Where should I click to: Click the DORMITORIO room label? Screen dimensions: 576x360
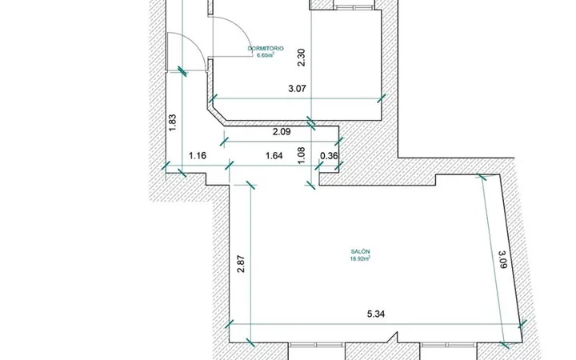click(266, 49)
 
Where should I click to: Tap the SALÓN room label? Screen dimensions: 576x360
click(360, 252)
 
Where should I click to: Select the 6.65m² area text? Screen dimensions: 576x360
click(266, 55)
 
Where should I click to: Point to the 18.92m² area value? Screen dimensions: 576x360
click(360, 258)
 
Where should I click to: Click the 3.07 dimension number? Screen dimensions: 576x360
click(297, 89)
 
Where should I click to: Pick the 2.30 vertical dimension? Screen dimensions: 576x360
click(302, 58)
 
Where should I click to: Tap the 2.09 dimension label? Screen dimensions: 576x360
click(282, 131)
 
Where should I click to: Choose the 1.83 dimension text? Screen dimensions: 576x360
click(173, 122)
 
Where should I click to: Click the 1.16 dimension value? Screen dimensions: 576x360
click(198, 156)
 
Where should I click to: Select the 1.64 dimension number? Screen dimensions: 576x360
click(274, 156)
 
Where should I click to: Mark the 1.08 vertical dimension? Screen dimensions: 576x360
click(302, 155)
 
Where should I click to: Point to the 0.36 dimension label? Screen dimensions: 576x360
click(329, 156)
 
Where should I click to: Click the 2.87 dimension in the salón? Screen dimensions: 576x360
click(241, 264)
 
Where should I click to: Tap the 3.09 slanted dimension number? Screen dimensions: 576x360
click(502, 259)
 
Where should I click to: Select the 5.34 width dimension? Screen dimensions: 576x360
click(376, 314)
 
